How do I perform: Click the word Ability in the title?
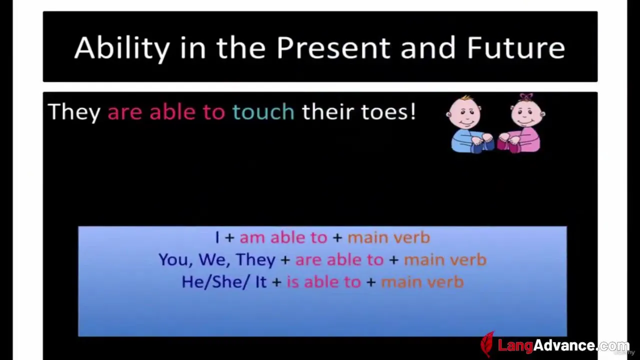[x=122, y=48]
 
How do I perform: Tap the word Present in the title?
[x=333, y=47]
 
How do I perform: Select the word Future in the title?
[x=515, y=47]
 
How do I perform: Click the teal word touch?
[x=263, y=111]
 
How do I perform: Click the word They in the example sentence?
[x=74, y=112]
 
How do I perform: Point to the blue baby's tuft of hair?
[x=466, y=98]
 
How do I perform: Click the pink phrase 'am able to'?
[x=283, y=237]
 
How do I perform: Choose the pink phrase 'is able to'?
[x=323, y=282]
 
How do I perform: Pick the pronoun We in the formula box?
[x=214, y=260]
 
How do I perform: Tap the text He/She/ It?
[x=224, y=282]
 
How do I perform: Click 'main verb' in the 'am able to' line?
[x=388, y=237]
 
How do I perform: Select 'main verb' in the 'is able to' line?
[x=422, y=282]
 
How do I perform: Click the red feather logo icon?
[x=487, y=344]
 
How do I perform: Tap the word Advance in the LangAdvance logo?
[x=564, y=345]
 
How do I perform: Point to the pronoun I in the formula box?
[x=217, y=237]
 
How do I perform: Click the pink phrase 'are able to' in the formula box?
[x=339, y=260]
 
